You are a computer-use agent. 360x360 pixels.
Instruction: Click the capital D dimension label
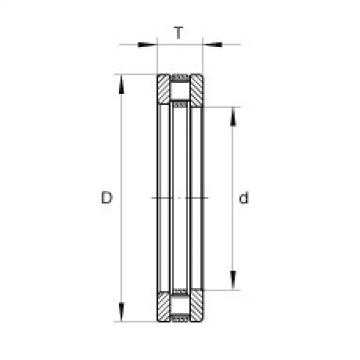point(108,200)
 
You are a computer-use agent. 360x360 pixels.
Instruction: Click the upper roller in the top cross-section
point(180,91)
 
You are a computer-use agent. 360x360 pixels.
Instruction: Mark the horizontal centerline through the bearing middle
point(180,200)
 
